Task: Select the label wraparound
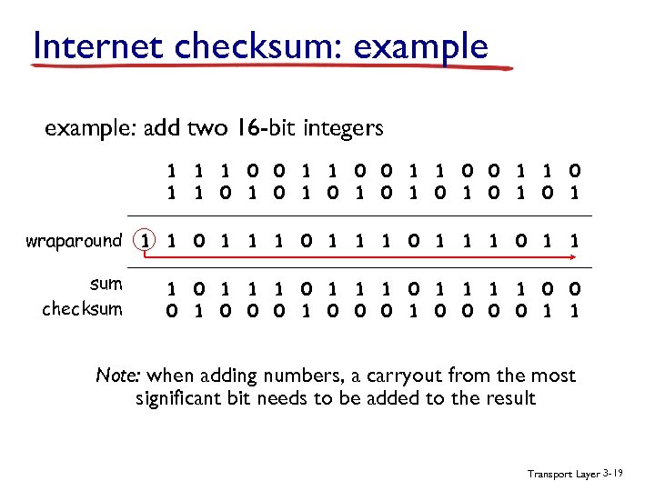point(74,241)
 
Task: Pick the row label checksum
point(82,308)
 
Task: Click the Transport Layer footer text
point(563,475)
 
